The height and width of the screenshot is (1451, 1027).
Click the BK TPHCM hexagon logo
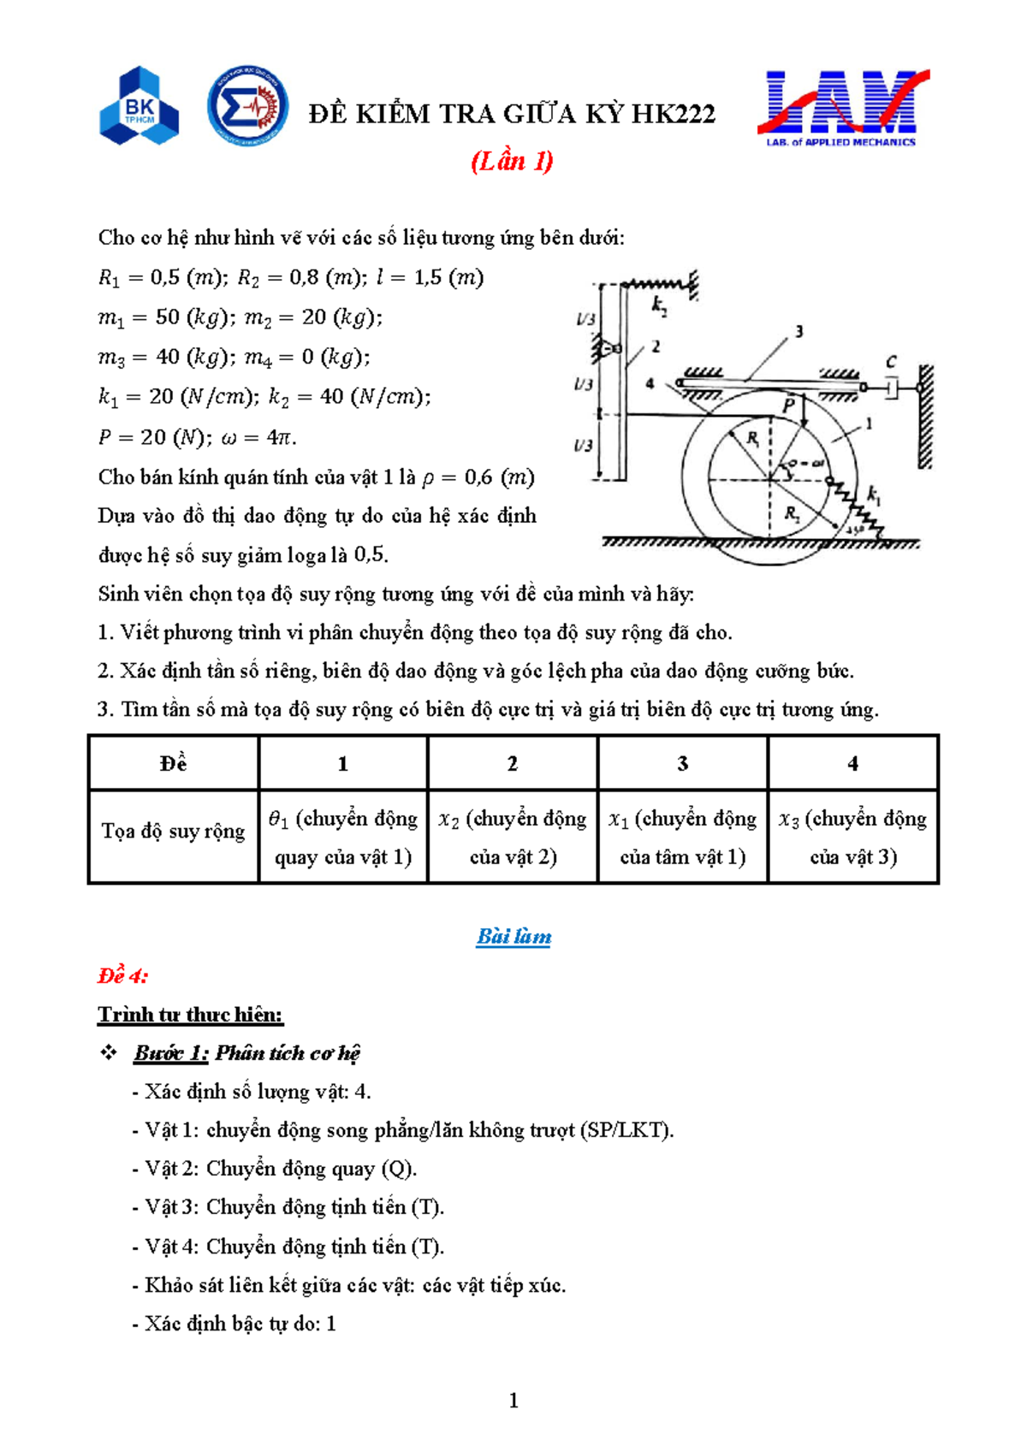pos(139,105)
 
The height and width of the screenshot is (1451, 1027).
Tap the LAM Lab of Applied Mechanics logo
pos(842,108)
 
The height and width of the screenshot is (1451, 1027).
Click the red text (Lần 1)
pos(512,161)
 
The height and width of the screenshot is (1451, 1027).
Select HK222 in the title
pos(673,114)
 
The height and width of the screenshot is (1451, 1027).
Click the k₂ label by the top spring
pos(659,305)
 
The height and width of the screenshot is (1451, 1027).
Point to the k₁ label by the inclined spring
pos(874,495)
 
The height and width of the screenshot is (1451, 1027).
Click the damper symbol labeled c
pos(891,388)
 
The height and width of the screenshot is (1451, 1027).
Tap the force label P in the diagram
pos(789,405)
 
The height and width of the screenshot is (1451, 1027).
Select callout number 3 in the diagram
pos(798,331)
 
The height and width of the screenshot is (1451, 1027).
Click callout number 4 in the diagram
pos(650,384)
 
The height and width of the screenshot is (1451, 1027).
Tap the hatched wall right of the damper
pos(925,417)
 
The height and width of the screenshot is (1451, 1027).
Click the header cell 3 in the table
pos(682,763)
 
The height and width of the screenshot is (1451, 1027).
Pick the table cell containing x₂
pos(513,837)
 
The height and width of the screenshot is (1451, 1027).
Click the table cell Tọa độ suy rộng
pos(173,832)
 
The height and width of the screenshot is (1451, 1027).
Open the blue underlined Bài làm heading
pos(513,936)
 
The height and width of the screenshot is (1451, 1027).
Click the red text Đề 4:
pos(122,975)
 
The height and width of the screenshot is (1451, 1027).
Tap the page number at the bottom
pos(513,1401)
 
